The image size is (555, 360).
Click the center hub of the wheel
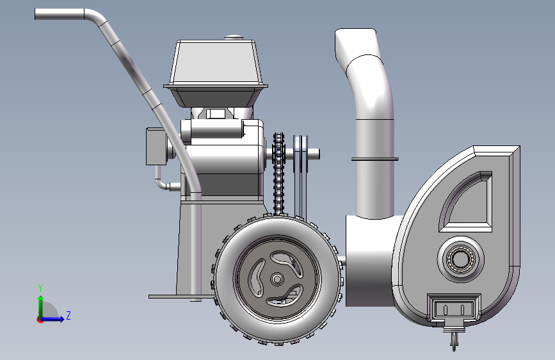[277, 279]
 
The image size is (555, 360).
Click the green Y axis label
[40, 288]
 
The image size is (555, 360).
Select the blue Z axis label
[68, 315]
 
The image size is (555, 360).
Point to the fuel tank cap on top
[233, 37]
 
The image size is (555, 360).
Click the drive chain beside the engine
[278, 174]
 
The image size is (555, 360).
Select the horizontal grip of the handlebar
[60, 14]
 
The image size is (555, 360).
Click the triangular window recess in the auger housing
[466, 202]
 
